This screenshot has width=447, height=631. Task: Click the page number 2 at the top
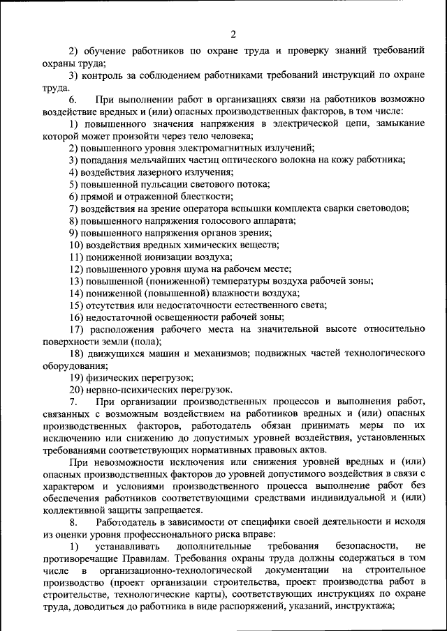point(234,35)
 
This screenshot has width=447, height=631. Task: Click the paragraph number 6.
point(73,100)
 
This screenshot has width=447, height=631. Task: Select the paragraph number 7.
point(73,402)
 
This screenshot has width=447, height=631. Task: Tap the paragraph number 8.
point(73,522)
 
